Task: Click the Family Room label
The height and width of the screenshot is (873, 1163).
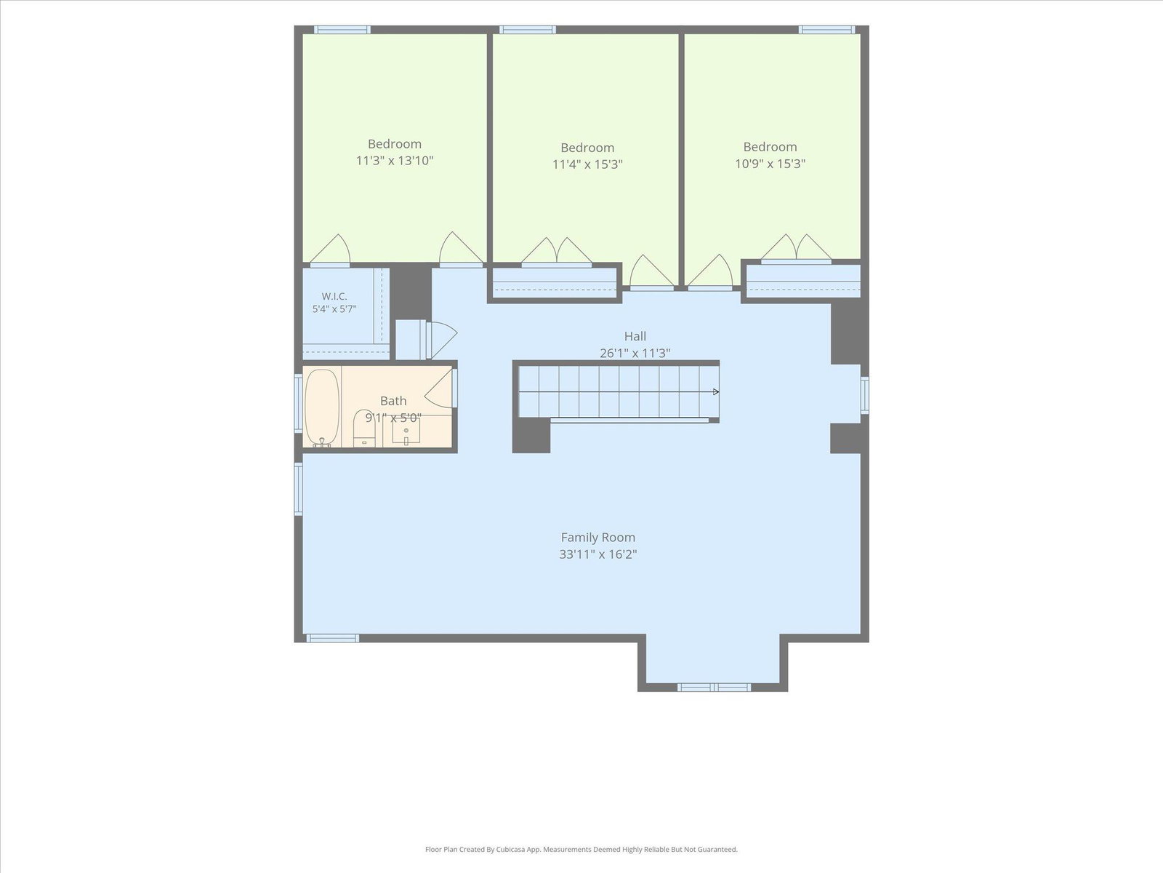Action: coord(597,538)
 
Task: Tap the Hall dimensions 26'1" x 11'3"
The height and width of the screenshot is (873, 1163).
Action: coord(635,353)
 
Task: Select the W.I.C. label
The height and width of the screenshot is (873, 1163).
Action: coord(334,296)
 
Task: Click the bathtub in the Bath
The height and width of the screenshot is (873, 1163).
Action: coord(322,407)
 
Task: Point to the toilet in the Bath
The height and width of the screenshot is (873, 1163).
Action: coord(364,428)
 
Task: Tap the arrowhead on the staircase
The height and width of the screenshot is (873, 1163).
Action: coord(717,391)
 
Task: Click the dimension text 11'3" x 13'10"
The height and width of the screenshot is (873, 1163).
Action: coord(395,160)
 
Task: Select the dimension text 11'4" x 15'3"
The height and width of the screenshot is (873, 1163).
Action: coord(587,164)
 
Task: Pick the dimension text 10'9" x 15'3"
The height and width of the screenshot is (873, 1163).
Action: coord(770,164)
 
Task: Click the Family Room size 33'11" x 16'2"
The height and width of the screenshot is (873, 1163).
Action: coord(597,554)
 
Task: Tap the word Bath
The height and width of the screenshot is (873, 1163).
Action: coord(393,402)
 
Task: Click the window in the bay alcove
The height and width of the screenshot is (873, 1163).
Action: coord(714,687)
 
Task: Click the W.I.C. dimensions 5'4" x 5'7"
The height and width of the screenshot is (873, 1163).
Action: coord(334,309)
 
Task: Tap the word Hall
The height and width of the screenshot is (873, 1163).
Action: coord(635,336)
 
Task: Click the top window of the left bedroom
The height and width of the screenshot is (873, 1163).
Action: coord(342,30)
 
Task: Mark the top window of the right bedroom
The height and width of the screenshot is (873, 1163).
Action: coord(826,30)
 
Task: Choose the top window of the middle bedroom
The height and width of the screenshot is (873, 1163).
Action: coord(527,30)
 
